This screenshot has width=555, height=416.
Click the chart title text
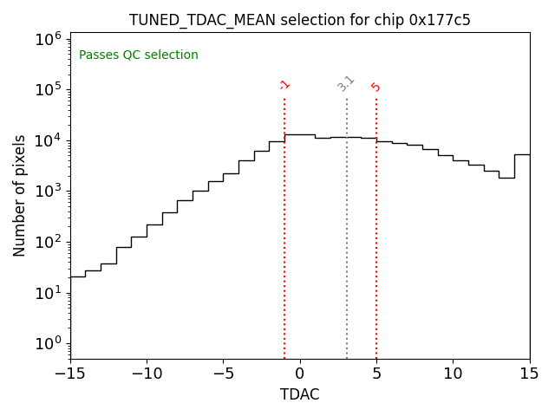[x=300, y=20]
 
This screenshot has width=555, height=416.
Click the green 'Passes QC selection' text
[x=139, y=55]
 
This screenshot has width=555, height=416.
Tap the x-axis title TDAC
[x=299, y=395]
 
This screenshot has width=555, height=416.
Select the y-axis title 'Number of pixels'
[x=20, y=195]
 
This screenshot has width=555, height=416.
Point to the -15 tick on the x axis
[x=70, y=374]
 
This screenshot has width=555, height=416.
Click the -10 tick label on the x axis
[x=147, y=374]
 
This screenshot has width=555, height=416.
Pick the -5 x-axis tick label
[x=223, y=374]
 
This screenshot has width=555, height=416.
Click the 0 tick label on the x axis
[x=300, y=374]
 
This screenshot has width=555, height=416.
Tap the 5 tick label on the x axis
[x=376, y=374]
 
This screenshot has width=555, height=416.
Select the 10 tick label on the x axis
[x=453, y=374]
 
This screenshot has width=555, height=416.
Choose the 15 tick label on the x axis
[x=529, y=374]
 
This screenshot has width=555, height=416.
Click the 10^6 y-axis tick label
[x=48, y=39]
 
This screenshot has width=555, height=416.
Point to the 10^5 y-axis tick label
[x=48, y=90]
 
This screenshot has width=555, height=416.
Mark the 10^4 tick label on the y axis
[x=48, y=140]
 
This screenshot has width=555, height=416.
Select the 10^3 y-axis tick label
[x=48, y=192]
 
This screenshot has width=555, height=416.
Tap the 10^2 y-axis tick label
[x=48, y=242]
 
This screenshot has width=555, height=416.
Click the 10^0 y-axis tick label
[x=48, y=343]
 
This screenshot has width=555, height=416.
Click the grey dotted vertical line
[x=347, y=234]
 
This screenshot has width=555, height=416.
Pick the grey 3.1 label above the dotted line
[x=346, y=83]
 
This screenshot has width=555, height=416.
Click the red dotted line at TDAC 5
[x=376, y=234]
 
